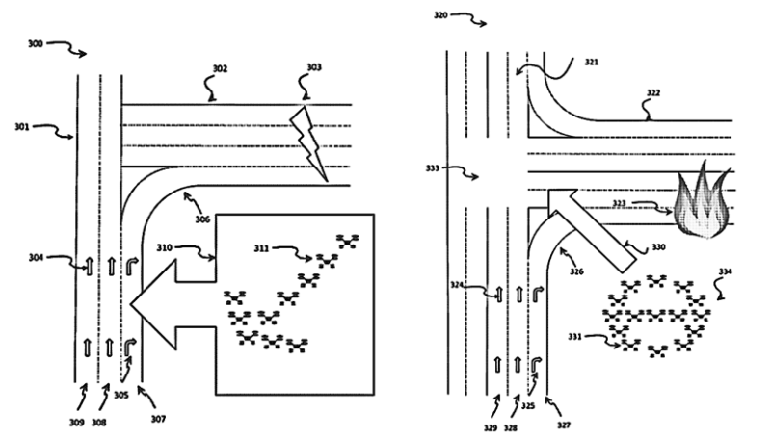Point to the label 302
tap(220, 69)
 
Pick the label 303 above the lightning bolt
tap(314, 68)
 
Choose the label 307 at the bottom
tap(157, 419)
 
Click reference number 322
tap(653, 92)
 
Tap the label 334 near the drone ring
tap(724, 272)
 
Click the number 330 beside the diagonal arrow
tap(658, 247)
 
